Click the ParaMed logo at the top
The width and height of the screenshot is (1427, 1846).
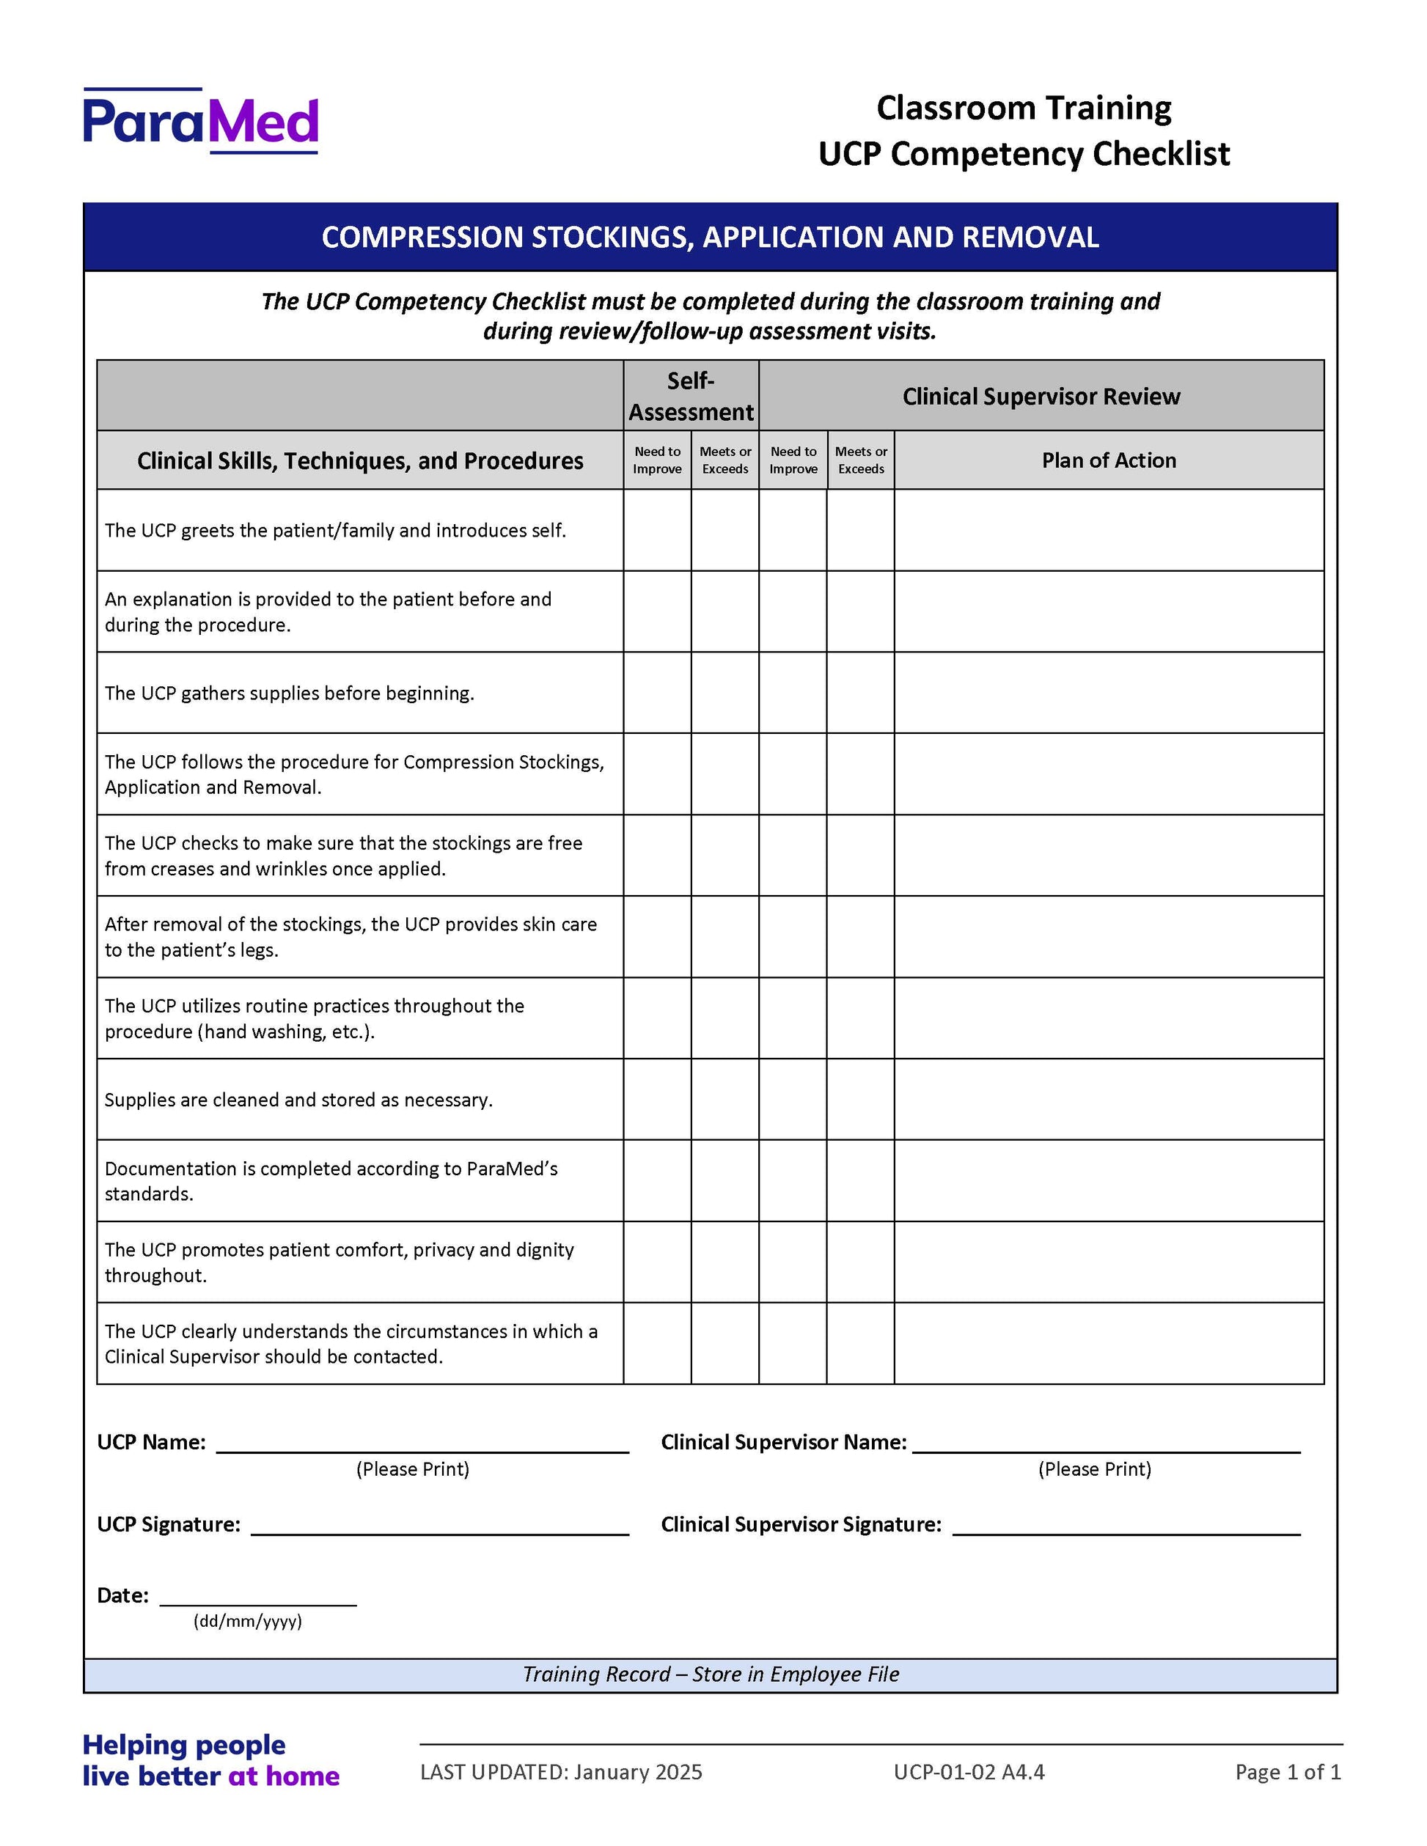click(x=200, y=121)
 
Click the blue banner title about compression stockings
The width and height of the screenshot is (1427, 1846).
click(x=710, y=238)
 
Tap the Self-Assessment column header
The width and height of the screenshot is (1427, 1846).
click(x=691, y=396)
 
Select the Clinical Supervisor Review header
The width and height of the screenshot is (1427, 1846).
click(x=1041, y=397)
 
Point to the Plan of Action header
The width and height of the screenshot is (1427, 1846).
click(x=1108, y=460)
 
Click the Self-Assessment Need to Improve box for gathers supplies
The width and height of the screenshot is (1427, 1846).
click(x=657, y=693)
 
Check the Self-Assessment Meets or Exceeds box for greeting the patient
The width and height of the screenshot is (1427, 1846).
click(x=724, y=530)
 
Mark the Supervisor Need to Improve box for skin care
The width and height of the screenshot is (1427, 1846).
click(x=792, y=936)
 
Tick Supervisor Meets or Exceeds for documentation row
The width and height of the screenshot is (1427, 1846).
click(x=859, y=1181)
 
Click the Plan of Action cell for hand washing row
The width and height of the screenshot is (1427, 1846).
click(x=1108, y=1018)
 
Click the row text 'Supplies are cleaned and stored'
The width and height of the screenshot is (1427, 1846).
click(x=298, y=1100)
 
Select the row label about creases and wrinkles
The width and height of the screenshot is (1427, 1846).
click(x=343, y=856)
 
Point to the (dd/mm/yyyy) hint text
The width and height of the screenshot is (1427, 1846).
click(x=248, y=1621)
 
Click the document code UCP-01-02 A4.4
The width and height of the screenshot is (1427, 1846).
click(x=969, y=1773)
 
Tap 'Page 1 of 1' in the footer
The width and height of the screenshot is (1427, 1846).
click(x=1288, y=1773)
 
